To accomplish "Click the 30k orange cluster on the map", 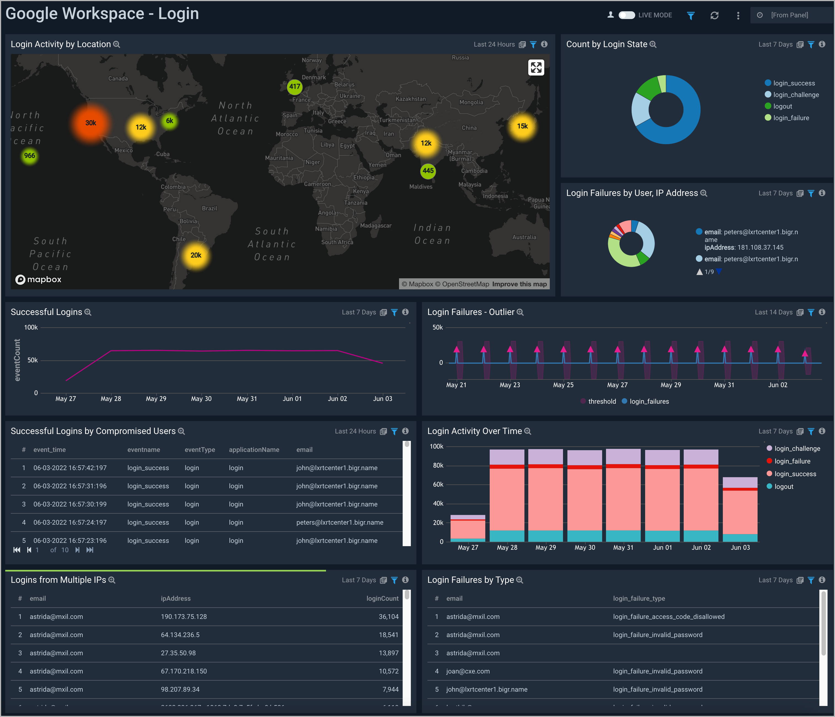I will click(x=91, y=123).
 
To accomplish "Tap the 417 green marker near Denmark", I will click(x=295, y=86).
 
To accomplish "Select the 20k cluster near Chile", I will click(x=196, y=255).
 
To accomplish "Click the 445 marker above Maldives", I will click(x=428, y=171).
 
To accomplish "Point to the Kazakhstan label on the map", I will click(x=410, y=99).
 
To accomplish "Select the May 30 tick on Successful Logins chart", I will click(x=201, y=399).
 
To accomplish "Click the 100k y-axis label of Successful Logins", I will click(x=31, y=327).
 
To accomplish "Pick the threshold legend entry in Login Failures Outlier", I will click(x=602, y=401).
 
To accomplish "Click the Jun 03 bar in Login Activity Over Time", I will click(x=740, y=510).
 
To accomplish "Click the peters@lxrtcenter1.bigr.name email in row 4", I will click(x=340, y=522).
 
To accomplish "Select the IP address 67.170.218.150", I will click(x=184, y=671).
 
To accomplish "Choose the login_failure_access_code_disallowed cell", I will click(x=669, y=617).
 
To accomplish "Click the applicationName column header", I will click(x=254, y=450).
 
